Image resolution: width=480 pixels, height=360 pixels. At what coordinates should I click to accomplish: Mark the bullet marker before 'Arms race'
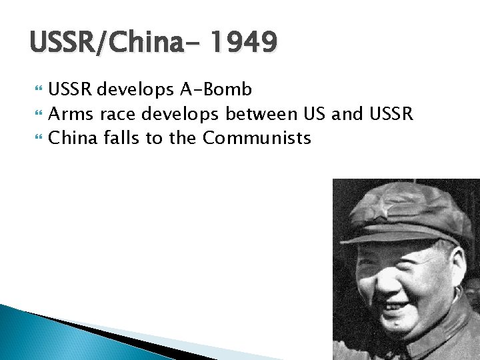[x=37, y=115]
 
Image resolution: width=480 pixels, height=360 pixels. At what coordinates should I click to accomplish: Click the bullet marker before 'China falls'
[x=37, y=139]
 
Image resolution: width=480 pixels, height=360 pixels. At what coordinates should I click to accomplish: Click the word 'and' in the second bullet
[x=347, y=114]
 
